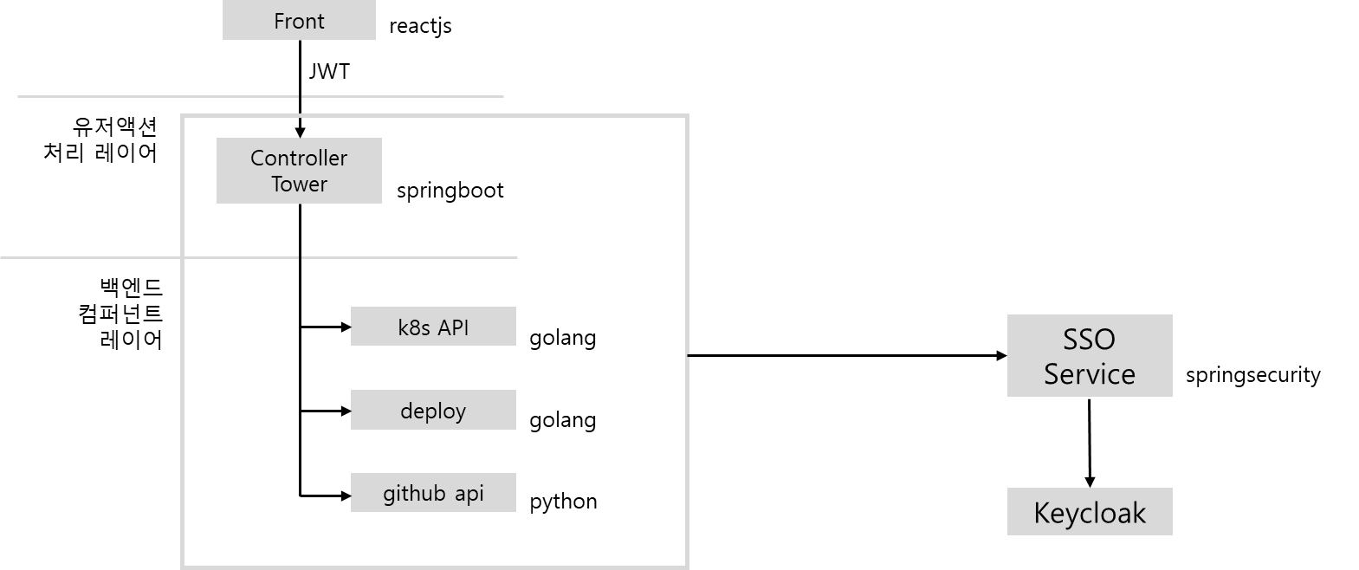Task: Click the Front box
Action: [299, 20]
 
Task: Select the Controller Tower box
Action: [299, 171]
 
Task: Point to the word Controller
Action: [299, 158]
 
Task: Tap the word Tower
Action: [299, 184]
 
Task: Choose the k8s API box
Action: [433, 327]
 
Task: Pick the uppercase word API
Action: [452, 327]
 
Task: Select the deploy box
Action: [433, 410]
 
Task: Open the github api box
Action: [433, 492]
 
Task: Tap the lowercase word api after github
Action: [469, 493]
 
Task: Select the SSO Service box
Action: [1090, 355]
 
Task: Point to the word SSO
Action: [1090, 339]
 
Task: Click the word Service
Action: [1090, 373]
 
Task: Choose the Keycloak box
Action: [1090, 512]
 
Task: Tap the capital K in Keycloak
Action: [1042, 513]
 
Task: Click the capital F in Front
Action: [279, 21]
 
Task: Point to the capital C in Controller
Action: [257, 158]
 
